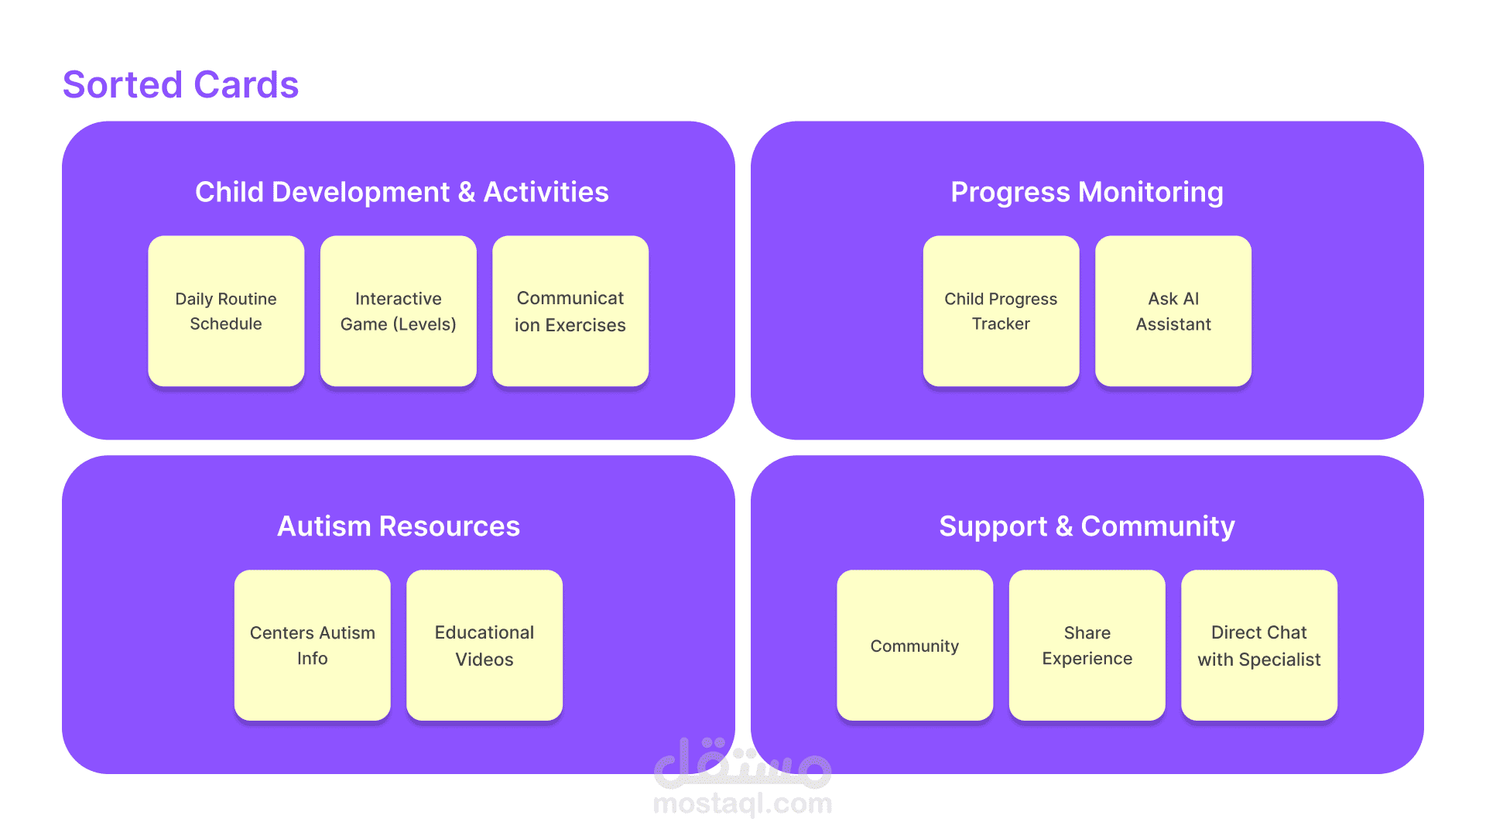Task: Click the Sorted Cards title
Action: click(180, 84)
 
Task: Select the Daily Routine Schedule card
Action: click(226, 311)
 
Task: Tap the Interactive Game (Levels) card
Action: click(399, 311)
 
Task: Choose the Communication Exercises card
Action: click(570, 311)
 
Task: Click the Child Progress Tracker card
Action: click(1002, 311)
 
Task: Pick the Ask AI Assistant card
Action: click(1173, 311)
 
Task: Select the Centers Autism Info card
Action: click(313, 646)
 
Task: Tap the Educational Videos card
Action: click(484, 646)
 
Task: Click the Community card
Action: click(915, 646)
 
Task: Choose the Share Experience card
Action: click(1087, 646)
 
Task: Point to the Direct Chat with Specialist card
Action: click(1259, 646)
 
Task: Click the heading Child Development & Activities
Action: click(402, 192)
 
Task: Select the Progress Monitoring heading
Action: click(1087, 192)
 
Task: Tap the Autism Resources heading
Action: click(399, 526)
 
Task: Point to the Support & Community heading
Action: click(1087, 526)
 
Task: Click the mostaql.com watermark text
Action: click(743, 804)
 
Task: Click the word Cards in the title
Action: click(246, 84)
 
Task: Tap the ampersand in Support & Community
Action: click(1064, 526)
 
